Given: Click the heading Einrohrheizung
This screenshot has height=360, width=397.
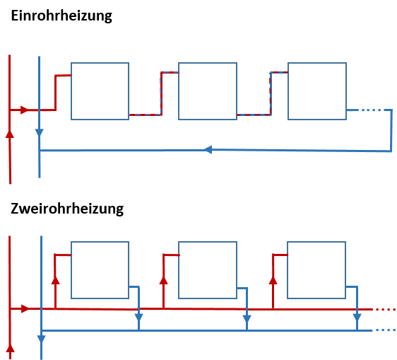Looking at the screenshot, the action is (x=61, y=16).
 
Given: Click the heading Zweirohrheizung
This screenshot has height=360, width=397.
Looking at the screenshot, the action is (x=67, y=209).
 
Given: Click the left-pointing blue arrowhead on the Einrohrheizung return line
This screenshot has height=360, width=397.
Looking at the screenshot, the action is (x=208, y=149).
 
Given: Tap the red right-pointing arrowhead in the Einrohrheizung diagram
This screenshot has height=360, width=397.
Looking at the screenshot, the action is (x=25, y=110).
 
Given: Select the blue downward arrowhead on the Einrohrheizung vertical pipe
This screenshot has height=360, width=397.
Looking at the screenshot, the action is (x=40, y=133).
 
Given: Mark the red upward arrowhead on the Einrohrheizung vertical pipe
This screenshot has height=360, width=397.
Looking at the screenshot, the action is (x=10, y=134).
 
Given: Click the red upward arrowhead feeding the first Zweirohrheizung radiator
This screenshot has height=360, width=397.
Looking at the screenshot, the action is (x=55, y=280).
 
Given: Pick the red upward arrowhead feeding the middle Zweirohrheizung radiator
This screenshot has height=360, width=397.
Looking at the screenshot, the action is (x=164, y=280).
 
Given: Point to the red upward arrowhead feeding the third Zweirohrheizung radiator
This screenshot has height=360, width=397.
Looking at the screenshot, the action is (x=273, y=280).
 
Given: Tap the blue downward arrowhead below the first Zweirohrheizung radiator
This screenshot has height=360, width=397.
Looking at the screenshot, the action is (x=138, y=318).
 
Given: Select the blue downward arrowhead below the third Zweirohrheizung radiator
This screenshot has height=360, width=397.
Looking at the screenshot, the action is (x=357, y=318).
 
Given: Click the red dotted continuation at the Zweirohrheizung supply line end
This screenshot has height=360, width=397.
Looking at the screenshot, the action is (x=386, y=309).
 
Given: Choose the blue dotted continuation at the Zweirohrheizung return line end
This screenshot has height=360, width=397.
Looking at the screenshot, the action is (x=386, y=330).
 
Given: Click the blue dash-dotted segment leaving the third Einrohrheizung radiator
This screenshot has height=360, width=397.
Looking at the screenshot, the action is (x=369, y=110).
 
